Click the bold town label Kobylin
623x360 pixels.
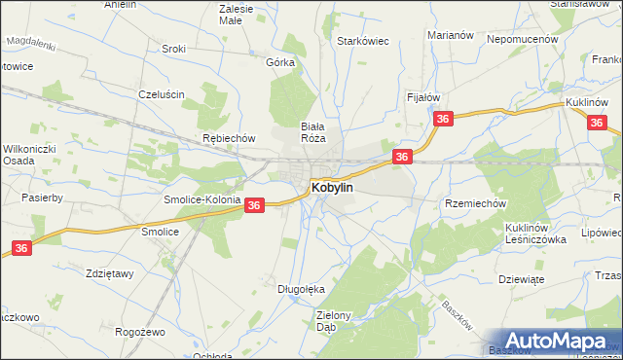click(332, 187)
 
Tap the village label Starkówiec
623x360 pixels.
click(363, 42)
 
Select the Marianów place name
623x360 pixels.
click(450, 35)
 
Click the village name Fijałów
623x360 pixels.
click(423, 97)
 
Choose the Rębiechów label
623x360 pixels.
click(228, 138)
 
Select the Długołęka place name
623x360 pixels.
click(300, 289)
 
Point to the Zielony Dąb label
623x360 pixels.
click(340, 321)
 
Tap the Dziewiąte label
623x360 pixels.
click(520, 277)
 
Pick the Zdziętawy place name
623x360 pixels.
click(109, 273)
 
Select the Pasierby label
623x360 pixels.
click(42, 198)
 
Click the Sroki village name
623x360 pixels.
click(174, 49)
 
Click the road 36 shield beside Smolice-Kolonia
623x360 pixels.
click(253, 205)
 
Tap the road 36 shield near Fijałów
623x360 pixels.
click(444, 119)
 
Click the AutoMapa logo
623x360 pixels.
click(555, 340)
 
